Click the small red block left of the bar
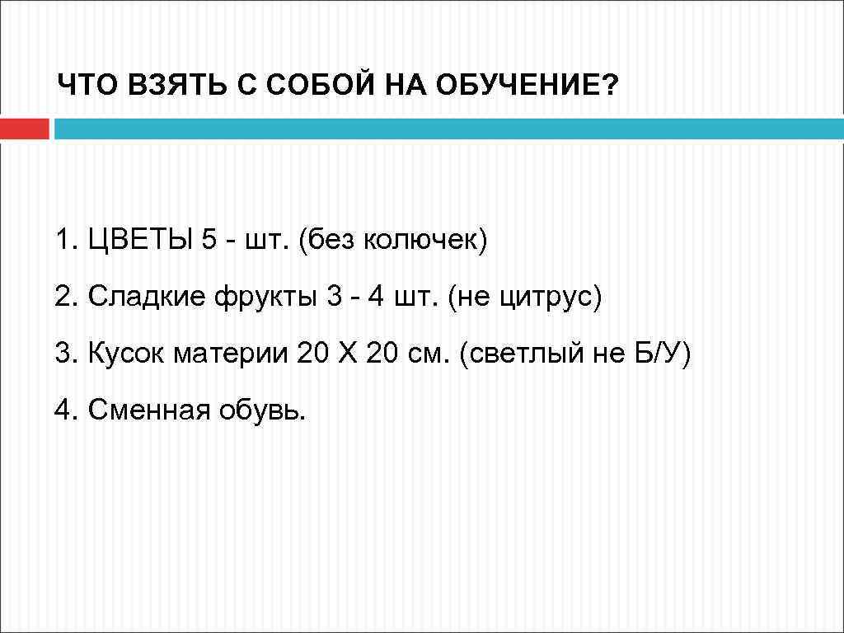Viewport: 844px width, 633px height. pyautogui.click(x=25, y=129)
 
